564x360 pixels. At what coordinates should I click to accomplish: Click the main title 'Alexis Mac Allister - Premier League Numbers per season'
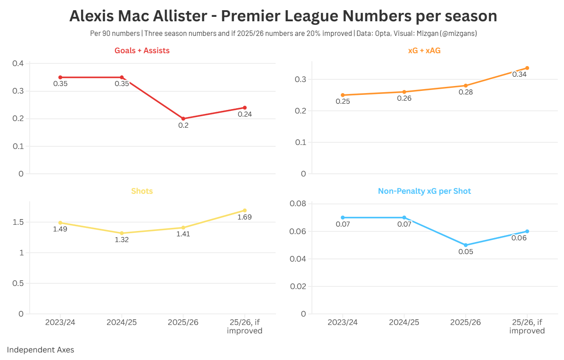pos(283,16)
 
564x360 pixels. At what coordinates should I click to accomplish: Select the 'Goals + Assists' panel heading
pos(142,51)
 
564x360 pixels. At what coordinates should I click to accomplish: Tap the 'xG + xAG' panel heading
pos(424,51)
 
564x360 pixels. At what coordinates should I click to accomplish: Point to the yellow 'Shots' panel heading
pos(142,192)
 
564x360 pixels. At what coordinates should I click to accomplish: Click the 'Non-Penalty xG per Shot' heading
pos(424,192)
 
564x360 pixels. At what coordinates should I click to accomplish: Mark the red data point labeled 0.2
pos(183,119)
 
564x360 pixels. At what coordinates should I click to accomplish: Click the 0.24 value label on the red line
pos(245,114)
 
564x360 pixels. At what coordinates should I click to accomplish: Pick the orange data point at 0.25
pos(342,95)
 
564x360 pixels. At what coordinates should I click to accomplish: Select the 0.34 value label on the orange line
pos(519,74)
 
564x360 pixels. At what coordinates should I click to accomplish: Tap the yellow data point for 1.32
pos(122,233)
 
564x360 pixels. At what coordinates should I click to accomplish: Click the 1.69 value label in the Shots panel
pos(244,217)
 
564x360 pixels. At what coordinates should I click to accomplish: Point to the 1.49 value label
pos(60,230)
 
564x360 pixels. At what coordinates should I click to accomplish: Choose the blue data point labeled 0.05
pos(466,245)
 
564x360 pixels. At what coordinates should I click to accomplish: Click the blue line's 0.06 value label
pos(519,238)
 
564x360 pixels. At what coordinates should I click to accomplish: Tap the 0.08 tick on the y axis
pos(297,204)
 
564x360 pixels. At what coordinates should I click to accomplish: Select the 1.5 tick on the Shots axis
pos(18,222)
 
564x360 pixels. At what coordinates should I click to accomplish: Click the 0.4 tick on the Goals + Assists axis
pos(18,64)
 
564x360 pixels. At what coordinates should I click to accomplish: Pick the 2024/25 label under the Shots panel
pos(121,322)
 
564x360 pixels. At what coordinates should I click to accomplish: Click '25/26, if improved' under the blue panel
pos(527,326)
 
